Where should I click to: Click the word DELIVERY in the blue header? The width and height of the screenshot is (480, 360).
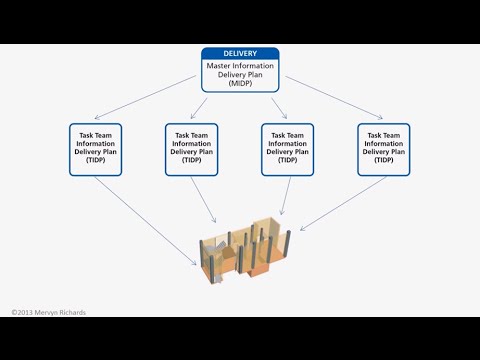[240, 55]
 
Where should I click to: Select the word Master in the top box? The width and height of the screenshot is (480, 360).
[220, 66]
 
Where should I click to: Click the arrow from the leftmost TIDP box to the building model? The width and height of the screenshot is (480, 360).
[150, 222]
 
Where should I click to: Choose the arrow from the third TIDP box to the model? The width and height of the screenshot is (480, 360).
[285, 197]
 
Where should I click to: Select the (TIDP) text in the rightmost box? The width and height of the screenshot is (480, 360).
[384, 160]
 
